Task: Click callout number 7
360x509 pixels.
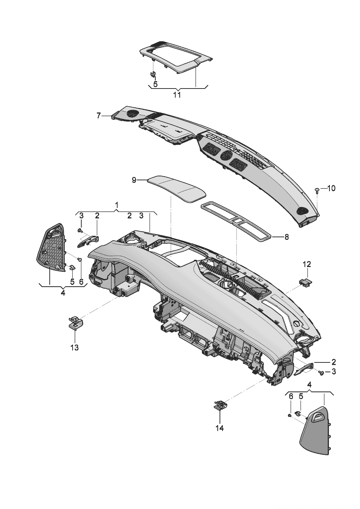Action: coord(98,116)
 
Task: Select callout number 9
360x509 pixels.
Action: coord(134,180)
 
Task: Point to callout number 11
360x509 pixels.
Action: coord(177,95)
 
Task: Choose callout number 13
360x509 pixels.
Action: coord(74,348)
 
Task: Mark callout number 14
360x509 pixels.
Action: coord(219,428)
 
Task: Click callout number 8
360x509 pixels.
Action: coord(286,237)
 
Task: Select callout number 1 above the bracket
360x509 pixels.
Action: coord(117,205)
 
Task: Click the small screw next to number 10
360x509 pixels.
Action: coord(317,190)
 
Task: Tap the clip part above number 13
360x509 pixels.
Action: coord(75,321)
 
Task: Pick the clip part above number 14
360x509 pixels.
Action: coord(220,405)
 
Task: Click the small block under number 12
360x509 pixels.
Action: coord(305,281)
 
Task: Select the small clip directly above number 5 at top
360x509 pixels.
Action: coord(153,75)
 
